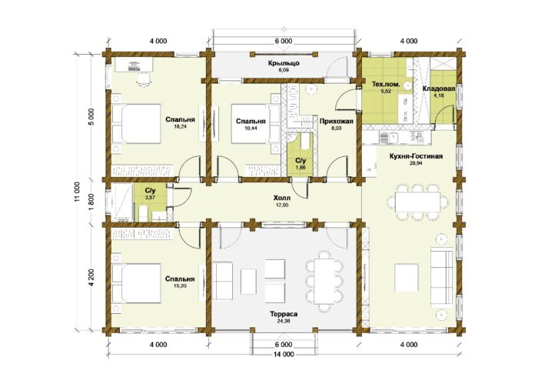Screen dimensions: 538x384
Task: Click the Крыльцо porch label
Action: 284,63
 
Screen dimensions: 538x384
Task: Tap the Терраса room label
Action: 284,314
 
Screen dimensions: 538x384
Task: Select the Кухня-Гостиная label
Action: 416,156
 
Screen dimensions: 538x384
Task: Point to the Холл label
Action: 282,198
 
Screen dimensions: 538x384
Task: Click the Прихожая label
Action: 337,122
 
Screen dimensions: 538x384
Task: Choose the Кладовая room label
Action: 439,88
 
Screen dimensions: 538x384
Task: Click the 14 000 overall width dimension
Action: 284,354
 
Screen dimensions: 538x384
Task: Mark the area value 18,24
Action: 180,126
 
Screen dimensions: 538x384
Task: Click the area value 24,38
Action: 284,320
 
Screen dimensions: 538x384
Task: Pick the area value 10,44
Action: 251,128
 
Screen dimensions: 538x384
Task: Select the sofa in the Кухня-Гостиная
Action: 442,275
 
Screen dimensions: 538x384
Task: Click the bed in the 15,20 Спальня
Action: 136,283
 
